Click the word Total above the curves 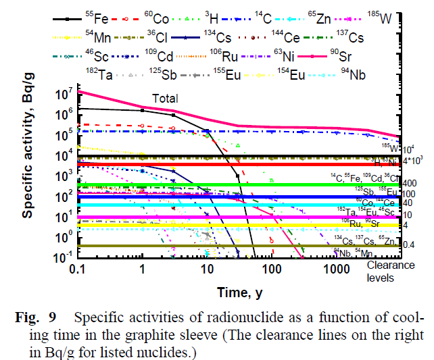pyautogui.click(x=164, y=99)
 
